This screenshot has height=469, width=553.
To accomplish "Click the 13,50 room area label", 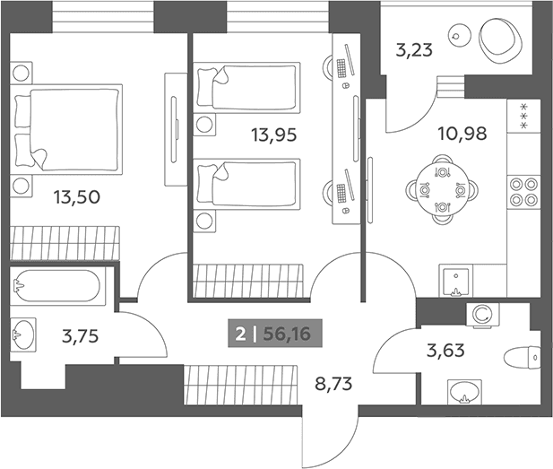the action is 77,197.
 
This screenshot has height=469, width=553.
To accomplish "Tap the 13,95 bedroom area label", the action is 273,135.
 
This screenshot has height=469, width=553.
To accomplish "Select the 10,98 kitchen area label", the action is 462,134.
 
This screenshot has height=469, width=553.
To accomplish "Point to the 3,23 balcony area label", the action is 414,49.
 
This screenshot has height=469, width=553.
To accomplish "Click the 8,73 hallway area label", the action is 333,384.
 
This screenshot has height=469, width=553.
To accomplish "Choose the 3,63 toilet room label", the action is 445,351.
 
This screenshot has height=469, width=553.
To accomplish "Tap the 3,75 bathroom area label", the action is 80,336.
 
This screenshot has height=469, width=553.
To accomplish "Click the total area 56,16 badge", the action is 275,334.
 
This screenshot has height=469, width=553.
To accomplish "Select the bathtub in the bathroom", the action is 57,286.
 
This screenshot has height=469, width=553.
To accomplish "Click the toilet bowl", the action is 523,358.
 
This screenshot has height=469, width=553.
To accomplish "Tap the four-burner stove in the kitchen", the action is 523,192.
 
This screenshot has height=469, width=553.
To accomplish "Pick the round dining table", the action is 442,190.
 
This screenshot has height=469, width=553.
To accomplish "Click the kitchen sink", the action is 455,280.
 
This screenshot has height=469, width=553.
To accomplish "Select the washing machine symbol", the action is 483,314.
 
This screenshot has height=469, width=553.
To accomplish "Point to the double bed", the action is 66,129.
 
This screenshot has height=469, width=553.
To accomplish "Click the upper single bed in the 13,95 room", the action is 246,88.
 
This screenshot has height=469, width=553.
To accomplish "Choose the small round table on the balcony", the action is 459,35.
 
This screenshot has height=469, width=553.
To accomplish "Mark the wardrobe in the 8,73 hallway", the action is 240,385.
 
